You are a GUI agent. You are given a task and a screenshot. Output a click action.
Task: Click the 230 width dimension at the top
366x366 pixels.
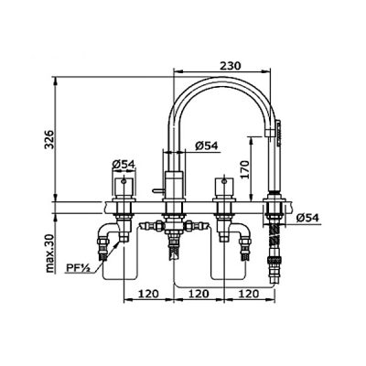(x=230, y=66)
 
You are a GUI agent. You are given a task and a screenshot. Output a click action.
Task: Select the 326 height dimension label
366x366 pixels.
(x=49, y=139)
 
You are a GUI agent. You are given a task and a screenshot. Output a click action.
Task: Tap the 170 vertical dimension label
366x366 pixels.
(x=244, y=169)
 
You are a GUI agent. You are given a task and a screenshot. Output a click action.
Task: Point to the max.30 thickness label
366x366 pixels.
(x=49, y=253)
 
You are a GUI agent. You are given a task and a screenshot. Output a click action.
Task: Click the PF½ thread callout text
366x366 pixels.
(x=78, y=268)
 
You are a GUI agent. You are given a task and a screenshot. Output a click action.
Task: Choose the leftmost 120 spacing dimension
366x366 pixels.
(x=148, y=294)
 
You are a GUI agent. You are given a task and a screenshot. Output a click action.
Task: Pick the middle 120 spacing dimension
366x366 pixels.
(x=199, y=294)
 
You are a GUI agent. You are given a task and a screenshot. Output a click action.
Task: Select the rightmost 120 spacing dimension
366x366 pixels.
(x=248, y=294)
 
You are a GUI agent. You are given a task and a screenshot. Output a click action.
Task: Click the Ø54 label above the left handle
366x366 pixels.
(x=124, y=165)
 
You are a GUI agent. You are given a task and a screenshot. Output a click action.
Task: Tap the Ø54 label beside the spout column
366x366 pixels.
(x=207, y=145)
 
